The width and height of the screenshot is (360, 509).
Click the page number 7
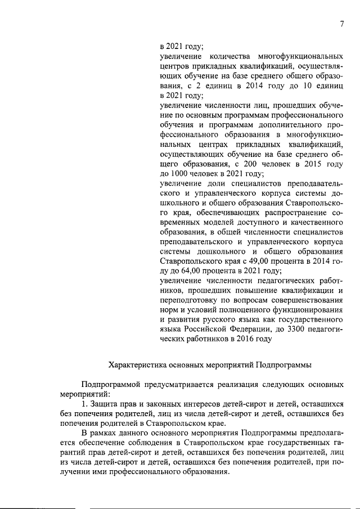coord(341,23)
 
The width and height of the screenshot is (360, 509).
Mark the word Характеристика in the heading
coord(134,364)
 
